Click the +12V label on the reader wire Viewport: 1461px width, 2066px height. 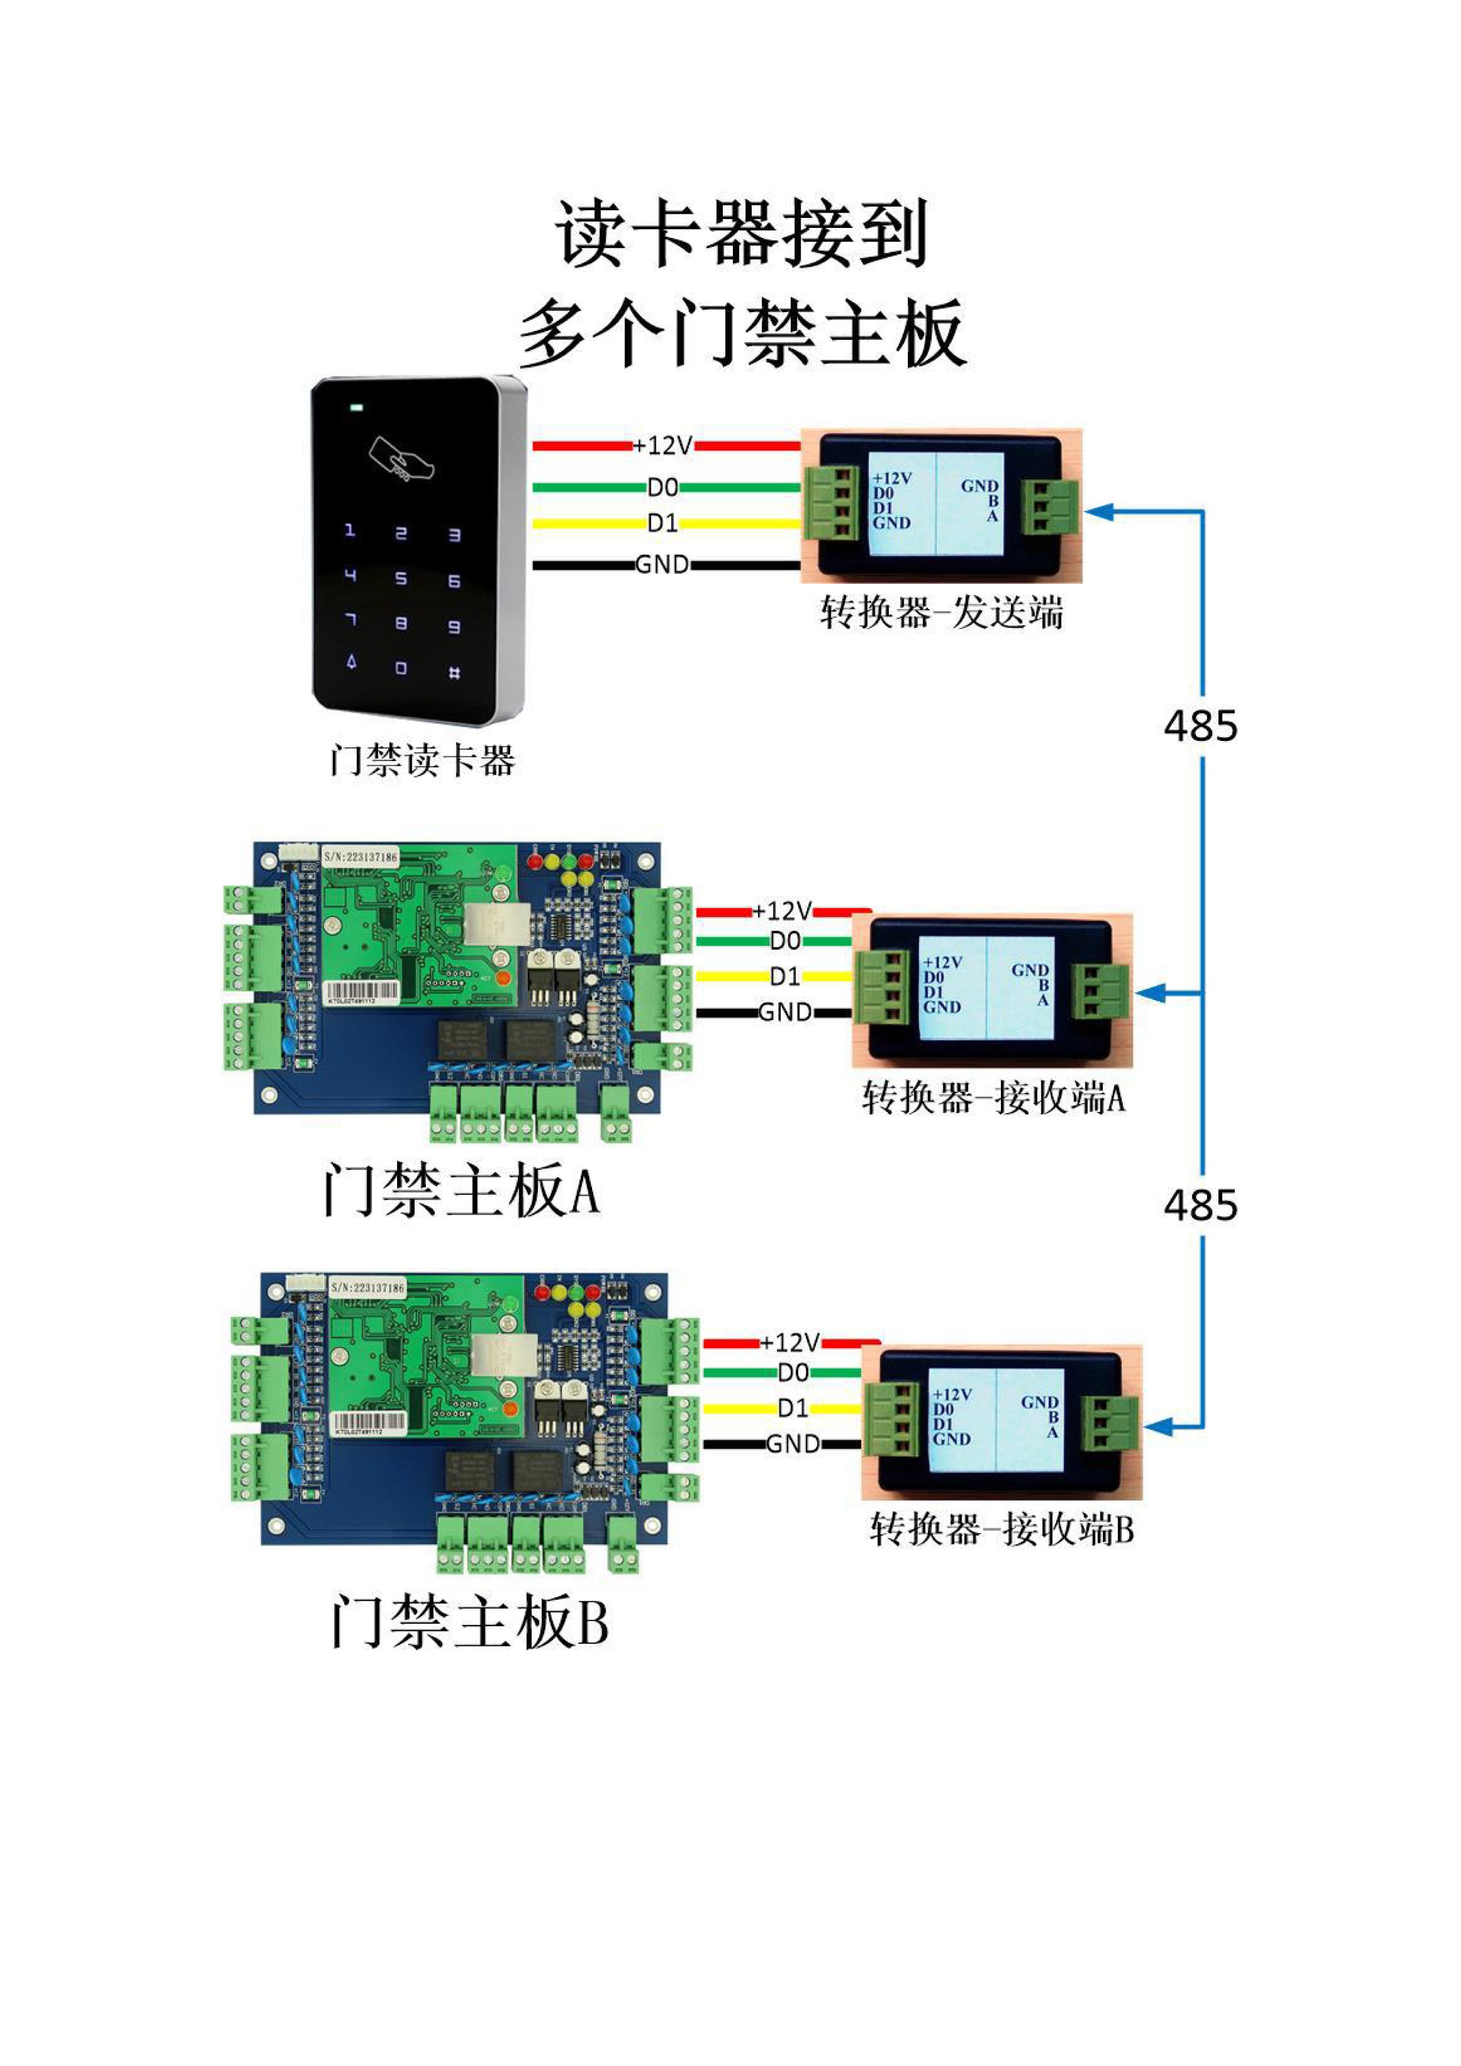[x=663, y=445]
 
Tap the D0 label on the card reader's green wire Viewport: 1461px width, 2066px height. [x=663, y=487]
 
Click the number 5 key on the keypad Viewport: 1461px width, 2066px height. [x=402, y=578]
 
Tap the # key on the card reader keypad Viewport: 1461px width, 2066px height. [x=455, y=671]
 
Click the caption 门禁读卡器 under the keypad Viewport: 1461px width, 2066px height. [x=421, y=760]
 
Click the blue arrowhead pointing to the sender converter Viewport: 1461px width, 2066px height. [x=1100, y=512]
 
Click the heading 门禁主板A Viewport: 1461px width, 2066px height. [x=461, y=1190]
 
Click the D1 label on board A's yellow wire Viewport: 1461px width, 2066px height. [x=784, y=976]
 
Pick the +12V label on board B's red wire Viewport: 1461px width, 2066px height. [x=789, y=1343]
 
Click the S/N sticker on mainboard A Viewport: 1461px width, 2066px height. [x=360, y=857]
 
